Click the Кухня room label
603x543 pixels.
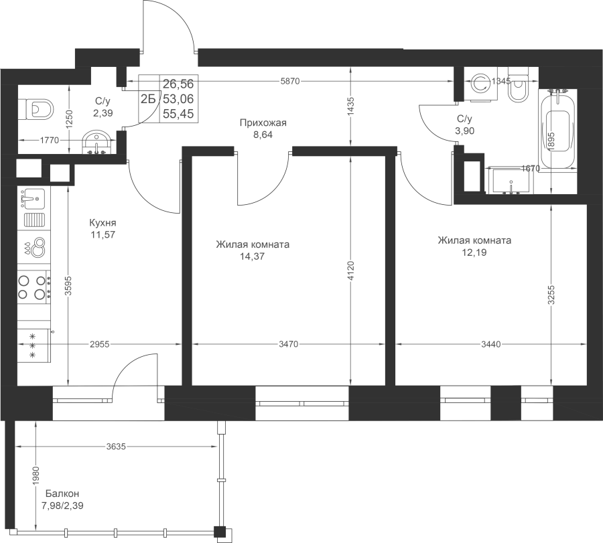[x=103, y=223]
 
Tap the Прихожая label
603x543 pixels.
[x=263, y=123]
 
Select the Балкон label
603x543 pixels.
[x=62, y=493]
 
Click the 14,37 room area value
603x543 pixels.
[x=253, y=256]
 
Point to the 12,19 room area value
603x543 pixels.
[x=474, y=252]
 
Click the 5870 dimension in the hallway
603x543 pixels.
[x=291, y=81]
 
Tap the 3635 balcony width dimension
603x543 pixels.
[x=117, y=447]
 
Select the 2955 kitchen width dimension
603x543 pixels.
[x=100, y=344]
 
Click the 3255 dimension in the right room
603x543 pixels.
[x=551, y=295]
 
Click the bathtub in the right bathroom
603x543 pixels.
[x=557, y=131]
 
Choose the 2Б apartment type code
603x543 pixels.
[x=148, y=100]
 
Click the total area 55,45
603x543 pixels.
[x=178, y=114]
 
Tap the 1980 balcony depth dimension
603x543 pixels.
[x=36, y=476]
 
